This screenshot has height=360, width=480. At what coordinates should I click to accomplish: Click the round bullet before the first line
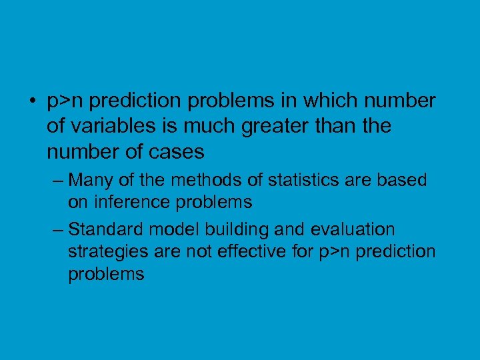pyautogui.click(x=32, y=102)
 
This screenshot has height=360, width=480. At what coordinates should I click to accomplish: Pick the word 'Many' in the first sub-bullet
pyautogui.click(x=88, y=180)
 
